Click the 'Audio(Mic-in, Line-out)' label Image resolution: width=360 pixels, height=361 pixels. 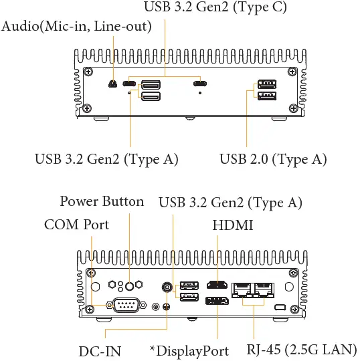point(77,26)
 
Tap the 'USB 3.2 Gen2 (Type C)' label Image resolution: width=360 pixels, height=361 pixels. point(215,8)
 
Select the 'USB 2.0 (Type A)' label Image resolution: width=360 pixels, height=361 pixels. point(273,159)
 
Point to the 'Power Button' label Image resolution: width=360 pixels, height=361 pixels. point(102,201)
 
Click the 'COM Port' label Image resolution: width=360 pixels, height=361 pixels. point(76,225)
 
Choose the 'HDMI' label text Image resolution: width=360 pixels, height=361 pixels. point(233,225)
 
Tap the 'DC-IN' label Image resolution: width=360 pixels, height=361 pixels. point(100,351)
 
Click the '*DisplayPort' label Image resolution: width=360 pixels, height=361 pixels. point(190,351)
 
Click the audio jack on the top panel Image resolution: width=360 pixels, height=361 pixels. point(113,84)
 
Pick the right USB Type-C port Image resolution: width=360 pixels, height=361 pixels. point(199,84)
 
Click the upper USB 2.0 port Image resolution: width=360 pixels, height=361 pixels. point(266,85)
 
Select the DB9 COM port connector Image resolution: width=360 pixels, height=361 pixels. point(126,306)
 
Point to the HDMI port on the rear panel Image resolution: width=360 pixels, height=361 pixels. point(217,285)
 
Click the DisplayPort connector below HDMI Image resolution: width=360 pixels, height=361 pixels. point(217,299)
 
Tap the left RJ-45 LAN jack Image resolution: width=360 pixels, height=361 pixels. point(241,289)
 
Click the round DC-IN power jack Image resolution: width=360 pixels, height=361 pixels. point(167,287)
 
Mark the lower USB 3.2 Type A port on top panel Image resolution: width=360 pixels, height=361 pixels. point(149,97)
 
